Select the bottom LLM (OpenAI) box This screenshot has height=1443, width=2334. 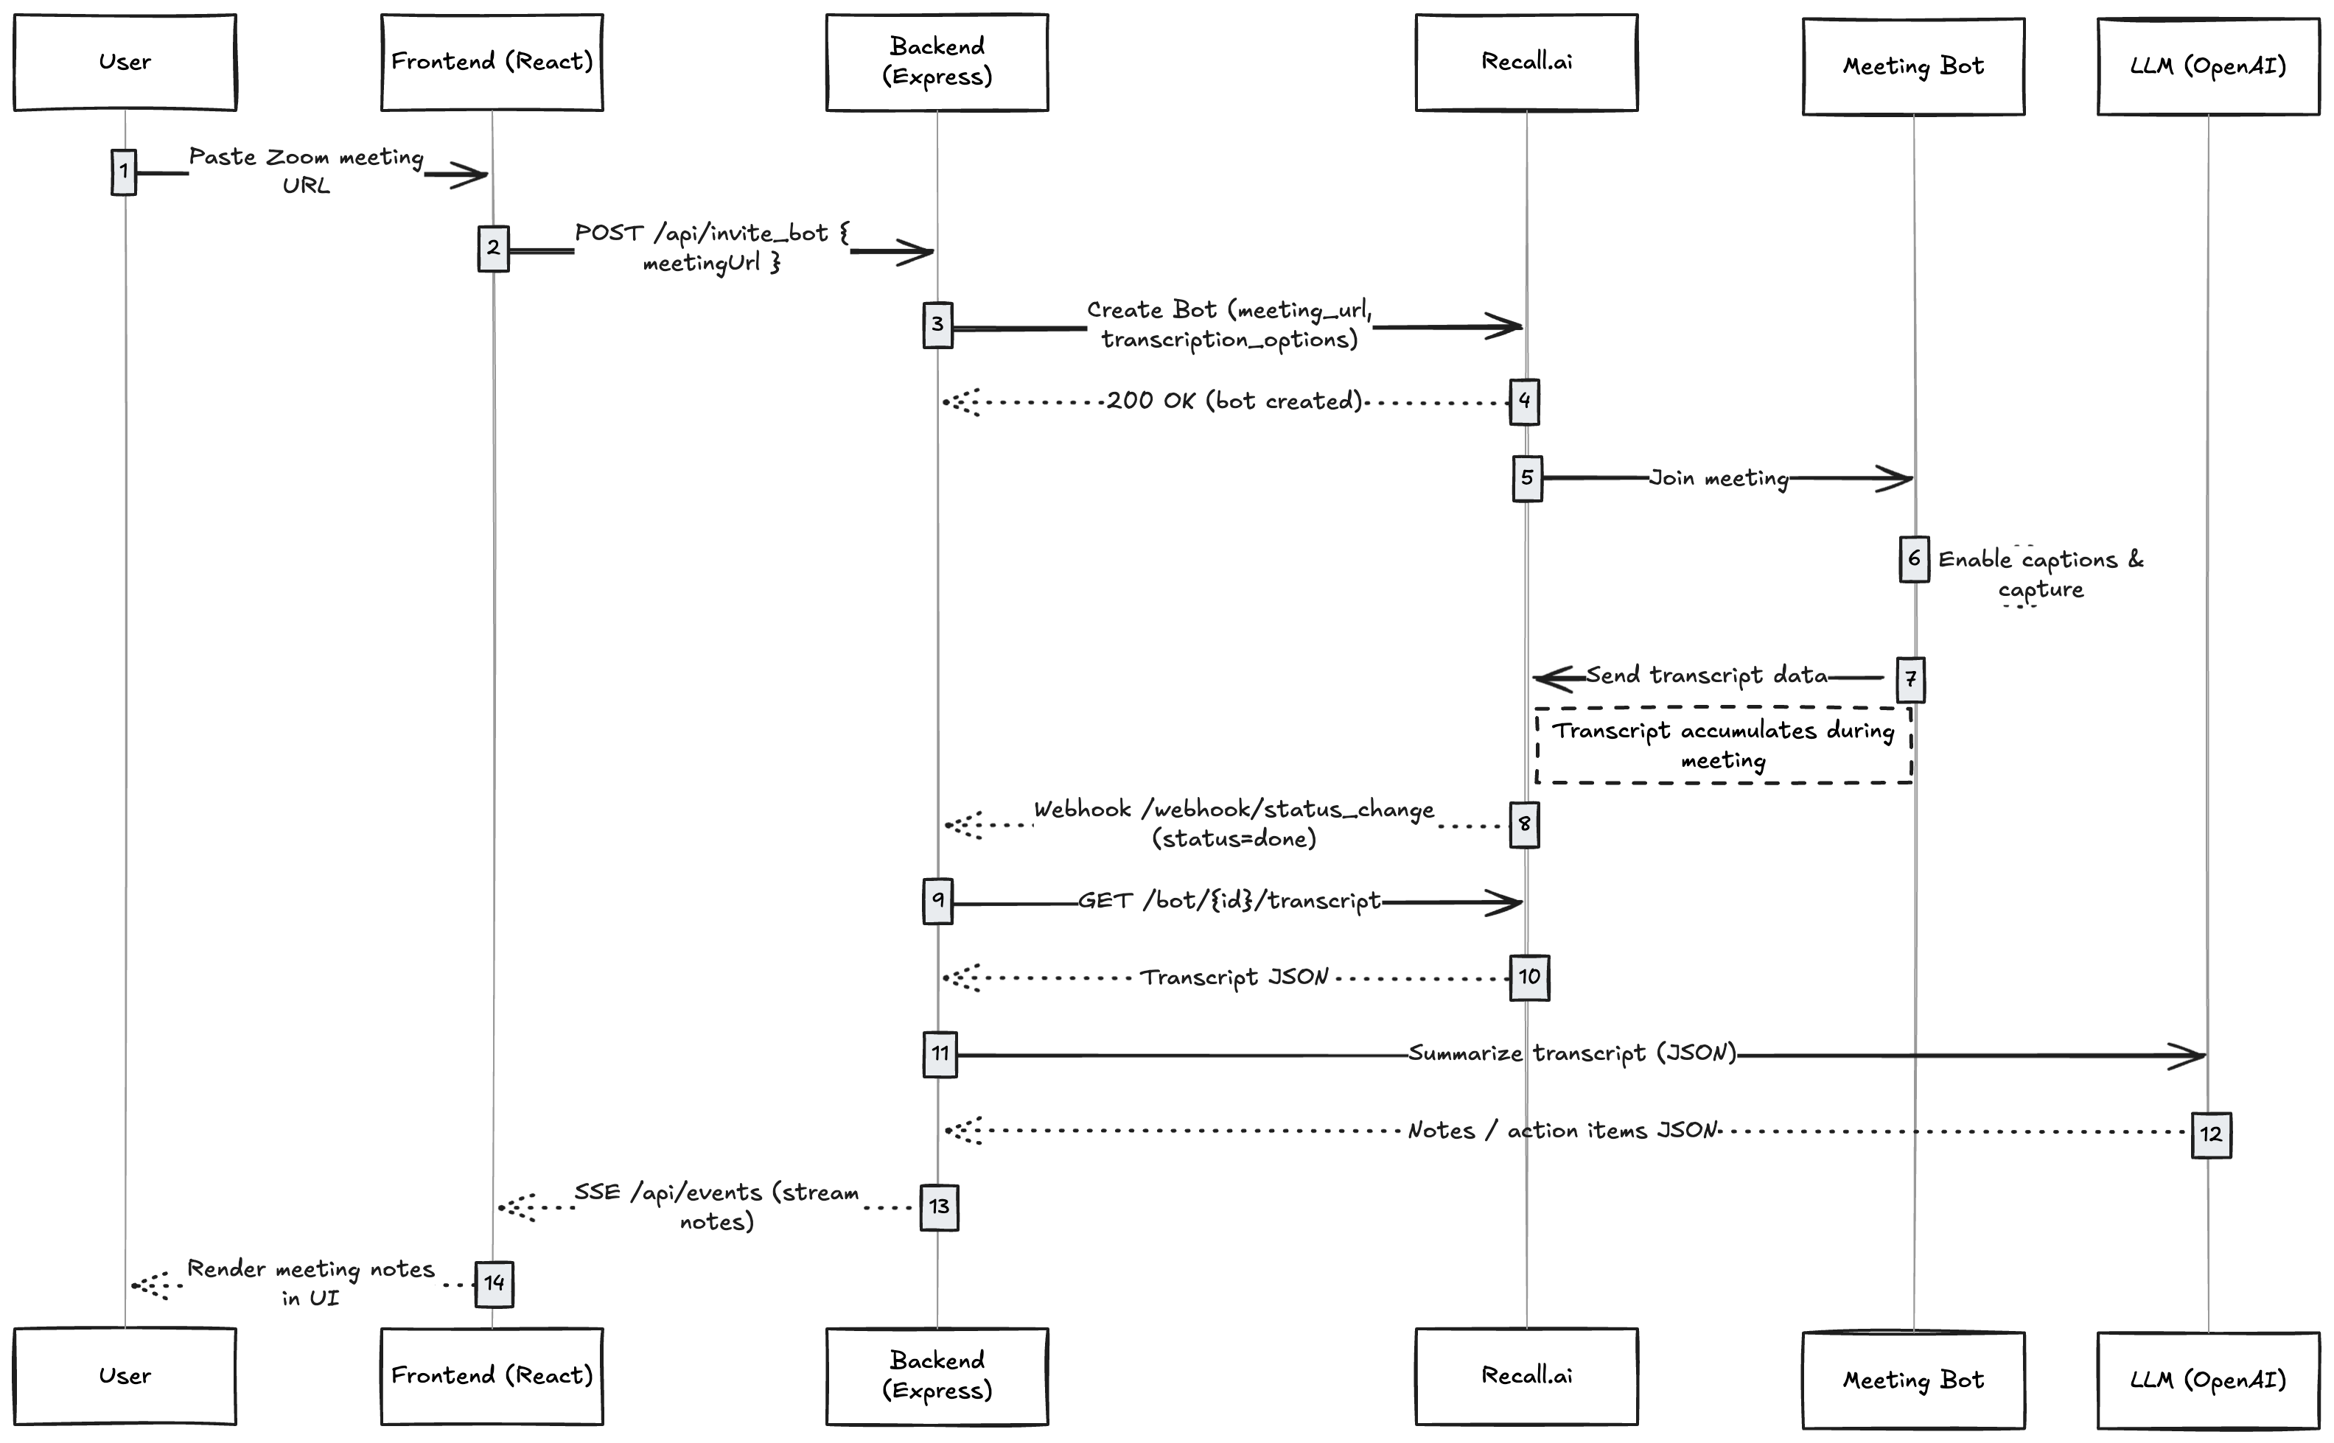point(2207,1380)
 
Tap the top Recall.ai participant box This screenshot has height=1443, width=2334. point(1526,62)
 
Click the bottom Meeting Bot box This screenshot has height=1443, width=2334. point(1913,1380)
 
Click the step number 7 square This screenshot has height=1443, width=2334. point(1910,679)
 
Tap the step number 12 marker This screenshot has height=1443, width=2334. point(2210,1135)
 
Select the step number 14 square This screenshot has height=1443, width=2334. point(494,1284)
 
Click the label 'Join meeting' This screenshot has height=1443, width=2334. point(1719,478)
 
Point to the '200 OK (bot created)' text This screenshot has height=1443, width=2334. point(1234,401)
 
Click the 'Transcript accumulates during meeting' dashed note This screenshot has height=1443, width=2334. point(1723,745)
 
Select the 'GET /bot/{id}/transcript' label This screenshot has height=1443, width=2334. point(1229,901)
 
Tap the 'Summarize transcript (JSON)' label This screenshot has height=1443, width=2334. point(1572,1053)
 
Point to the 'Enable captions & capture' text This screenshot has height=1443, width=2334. point(2040,574)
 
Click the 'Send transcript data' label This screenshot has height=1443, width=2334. point(1707,675)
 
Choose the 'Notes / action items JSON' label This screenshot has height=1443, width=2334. point(1562,1131)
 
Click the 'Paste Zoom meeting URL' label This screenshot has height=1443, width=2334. point(305,171)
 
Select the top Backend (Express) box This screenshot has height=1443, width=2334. point(937,62)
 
